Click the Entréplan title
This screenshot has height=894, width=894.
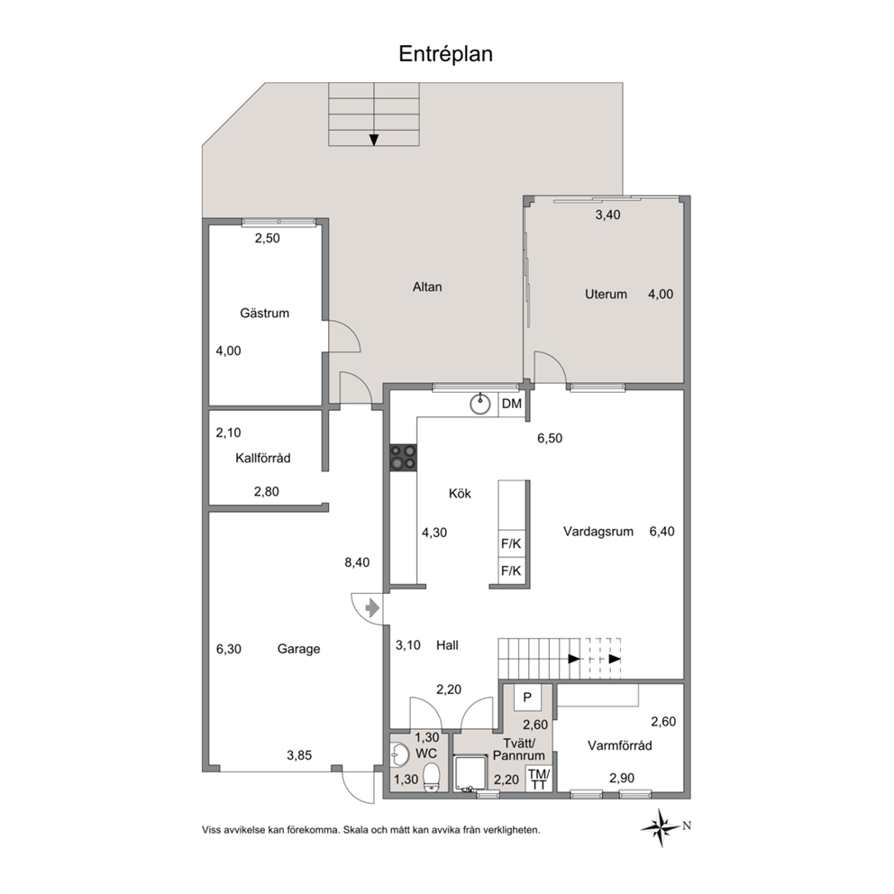click(445, 54)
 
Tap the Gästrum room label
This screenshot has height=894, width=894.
click(265, 313)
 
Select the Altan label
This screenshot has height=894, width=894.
click(427, 287)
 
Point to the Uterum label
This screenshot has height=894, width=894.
click(606, 294)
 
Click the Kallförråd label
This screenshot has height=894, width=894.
click(263, 458)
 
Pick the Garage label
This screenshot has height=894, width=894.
click(299, 649)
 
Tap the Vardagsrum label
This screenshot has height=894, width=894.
click(598, 532)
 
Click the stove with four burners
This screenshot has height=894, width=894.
click(403, 458)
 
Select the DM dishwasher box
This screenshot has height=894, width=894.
click(511, 405)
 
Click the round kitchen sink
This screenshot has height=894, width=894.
click(480, 404)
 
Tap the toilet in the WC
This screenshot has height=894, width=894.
click(432, 778)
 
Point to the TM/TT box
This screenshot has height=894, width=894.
click(539, 779)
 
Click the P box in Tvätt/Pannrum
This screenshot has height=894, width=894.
click(527, 697)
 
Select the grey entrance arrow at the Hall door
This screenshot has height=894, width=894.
click(371, 608)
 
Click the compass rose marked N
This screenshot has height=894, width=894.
click(661, 826)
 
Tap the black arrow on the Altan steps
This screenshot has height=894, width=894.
click(374, 140)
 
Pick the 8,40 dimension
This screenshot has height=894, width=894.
click(357, 562)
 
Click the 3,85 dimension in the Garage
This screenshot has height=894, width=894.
click(299, 755)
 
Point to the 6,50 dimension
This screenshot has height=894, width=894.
click(550, 438)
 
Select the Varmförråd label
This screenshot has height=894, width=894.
click(620, 745)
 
